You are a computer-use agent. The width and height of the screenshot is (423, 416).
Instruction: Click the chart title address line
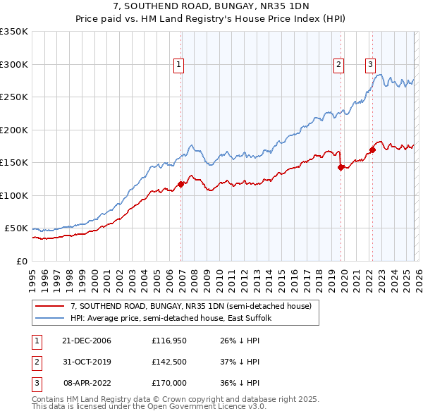click(x=211, y=7)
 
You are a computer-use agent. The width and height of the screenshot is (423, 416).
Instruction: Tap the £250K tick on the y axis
click(x=14, y=97)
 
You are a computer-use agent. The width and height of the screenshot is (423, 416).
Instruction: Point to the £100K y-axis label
click(x=14, y=196)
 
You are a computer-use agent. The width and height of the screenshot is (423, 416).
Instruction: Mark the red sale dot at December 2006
click(x=181, y=184)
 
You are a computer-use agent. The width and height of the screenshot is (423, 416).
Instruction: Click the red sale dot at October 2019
click(x=341, y=167)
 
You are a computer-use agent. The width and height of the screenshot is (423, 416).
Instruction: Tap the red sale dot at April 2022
click(x=372, y=149)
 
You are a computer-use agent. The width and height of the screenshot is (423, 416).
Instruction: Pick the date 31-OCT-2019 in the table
click(x=87, y=362)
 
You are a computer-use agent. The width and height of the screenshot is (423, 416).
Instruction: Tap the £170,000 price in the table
click(x=169, y=383)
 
